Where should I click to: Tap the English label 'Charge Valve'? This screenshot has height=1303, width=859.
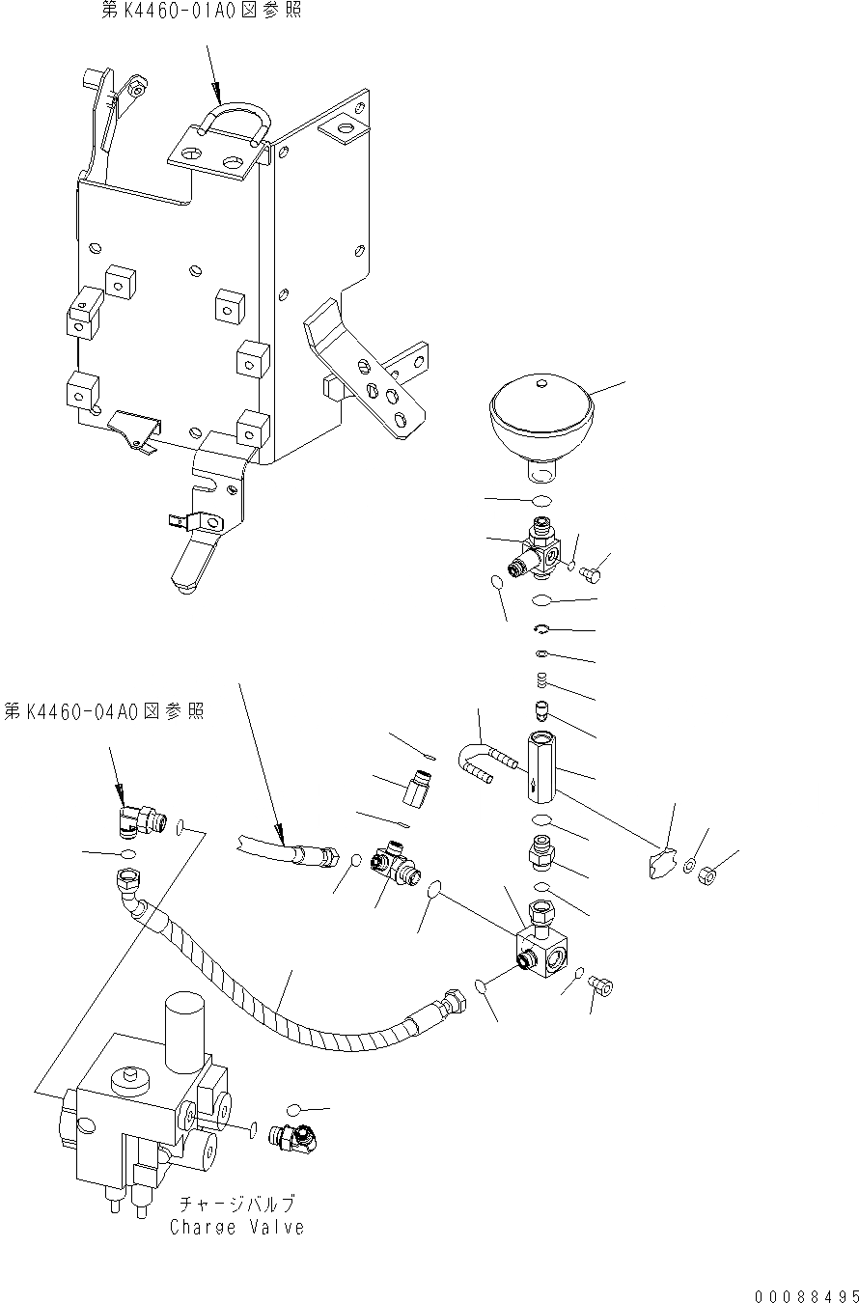tap(236, 1228)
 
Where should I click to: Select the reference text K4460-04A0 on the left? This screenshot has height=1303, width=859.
tap(103, 711)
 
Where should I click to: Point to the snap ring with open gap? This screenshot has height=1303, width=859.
tap(542, 630)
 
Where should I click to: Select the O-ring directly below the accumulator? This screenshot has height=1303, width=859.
tap(542, 501)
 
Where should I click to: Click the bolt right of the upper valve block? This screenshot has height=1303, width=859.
tap(594, 573)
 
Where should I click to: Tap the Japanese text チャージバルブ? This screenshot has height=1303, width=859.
tap(236, 1205)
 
